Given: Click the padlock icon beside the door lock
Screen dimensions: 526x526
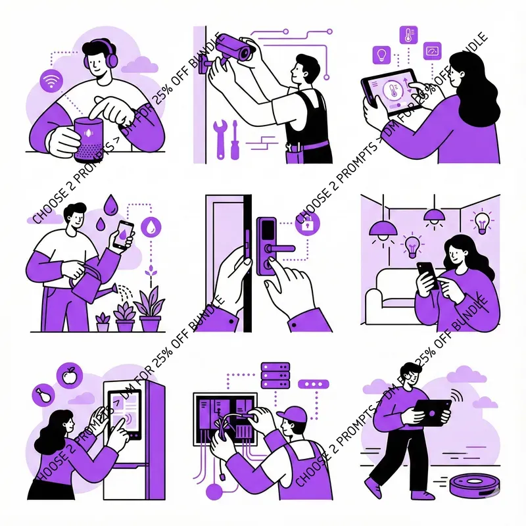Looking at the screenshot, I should tap(306, 224).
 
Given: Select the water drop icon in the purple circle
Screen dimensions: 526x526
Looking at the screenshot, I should tap(152, 227).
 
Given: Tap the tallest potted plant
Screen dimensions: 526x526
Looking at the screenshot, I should tap(150, 306).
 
